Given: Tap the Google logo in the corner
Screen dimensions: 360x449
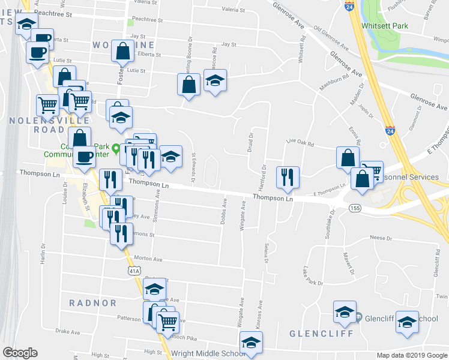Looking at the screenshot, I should click(20, 353).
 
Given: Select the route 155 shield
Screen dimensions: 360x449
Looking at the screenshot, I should click(354, 208).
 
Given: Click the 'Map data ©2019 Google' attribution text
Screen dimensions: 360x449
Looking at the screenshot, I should click(412, 355).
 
